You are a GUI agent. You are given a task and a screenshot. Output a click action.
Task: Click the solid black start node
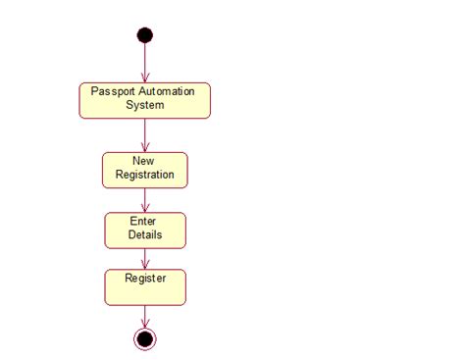click(x=145, y=35)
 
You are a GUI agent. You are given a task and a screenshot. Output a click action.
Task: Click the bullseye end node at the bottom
click(x=145, y=338)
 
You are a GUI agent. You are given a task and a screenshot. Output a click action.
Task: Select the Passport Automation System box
click(x=145, y=100)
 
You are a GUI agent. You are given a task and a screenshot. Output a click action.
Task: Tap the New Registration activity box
click(x=145, y=169)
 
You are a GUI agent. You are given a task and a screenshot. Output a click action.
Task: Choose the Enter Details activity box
click(x=145, y=230)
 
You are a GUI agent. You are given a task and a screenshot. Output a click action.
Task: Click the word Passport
click(x=112, y=91)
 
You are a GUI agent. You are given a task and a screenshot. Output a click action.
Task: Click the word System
click(x=145, y=105)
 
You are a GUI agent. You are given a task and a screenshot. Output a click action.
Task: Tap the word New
click(x=145, y=161)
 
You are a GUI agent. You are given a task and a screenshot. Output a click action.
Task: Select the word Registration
click(x=145, y=175)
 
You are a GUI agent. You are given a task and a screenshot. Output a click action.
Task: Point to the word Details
click(x=145, y=235)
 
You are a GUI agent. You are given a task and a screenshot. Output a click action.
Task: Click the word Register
click(x=145, y=279)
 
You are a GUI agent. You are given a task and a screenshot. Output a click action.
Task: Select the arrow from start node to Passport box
click(x=145, y=61)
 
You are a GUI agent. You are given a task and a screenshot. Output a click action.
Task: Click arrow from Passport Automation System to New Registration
click(x=145, y=134)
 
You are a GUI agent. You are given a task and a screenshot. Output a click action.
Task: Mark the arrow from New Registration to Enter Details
click(x=145, y=200)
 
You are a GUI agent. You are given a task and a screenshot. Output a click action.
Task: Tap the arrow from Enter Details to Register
click(x=145, y=258)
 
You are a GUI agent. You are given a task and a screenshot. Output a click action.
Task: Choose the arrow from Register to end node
click(x=145, y=316)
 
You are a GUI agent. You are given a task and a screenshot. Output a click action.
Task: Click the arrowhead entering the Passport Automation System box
click(x=145, y=77)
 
